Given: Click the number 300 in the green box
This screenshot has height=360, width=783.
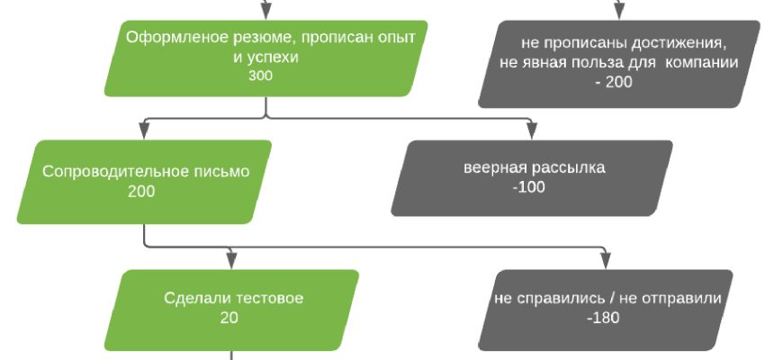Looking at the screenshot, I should pyautogui.click(x=260, y=76).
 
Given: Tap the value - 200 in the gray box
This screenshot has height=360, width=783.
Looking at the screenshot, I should pyautogui.click(x=614, y=82).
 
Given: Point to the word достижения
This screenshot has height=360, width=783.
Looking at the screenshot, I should pyautogui.click(x=681, y=44).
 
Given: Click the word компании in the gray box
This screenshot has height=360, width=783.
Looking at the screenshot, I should pyautogui.click(x=703, y=63).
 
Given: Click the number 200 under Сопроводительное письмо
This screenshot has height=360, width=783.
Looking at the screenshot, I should pyautogui.click(x=140, y=191).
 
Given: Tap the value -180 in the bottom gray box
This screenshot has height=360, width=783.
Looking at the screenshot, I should pyautogui.click(x=603, y=318).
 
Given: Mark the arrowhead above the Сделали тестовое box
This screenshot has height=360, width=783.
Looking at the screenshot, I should pyautogui.click(x=231, y=260).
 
